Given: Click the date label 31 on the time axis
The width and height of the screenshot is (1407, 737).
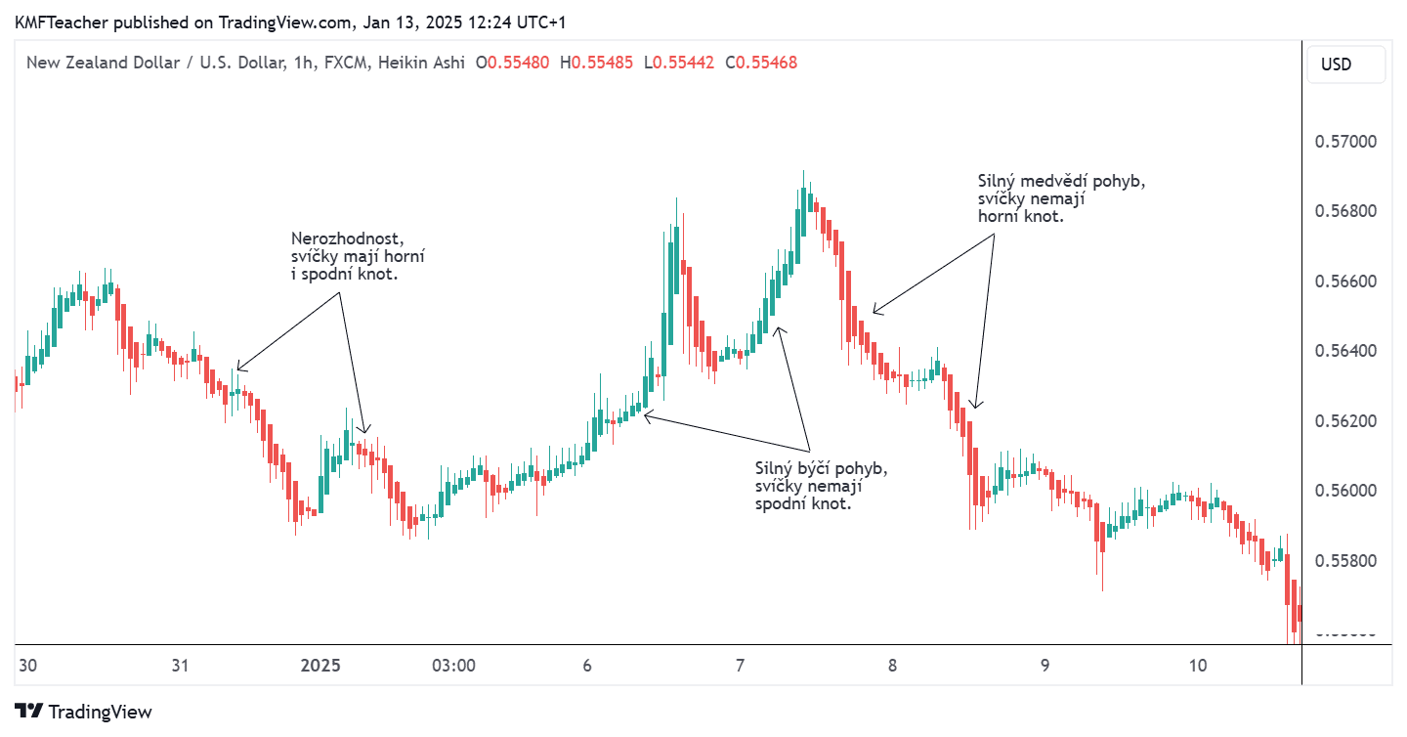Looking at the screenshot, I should [180, 666].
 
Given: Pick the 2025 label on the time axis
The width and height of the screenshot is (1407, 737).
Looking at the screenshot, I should [320, 666].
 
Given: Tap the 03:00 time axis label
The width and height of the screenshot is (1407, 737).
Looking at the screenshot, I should [453, 666].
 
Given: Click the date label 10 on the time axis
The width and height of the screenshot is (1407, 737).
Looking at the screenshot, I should [1198, 666].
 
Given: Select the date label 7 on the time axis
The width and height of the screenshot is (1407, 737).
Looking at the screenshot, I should [740, 666].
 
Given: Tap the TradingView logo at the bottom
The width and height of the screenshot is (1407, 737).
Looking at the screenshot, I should [84, 712].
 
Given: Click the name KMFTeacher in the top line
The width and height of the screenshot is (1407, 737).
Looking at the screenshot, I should [55, 22].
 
